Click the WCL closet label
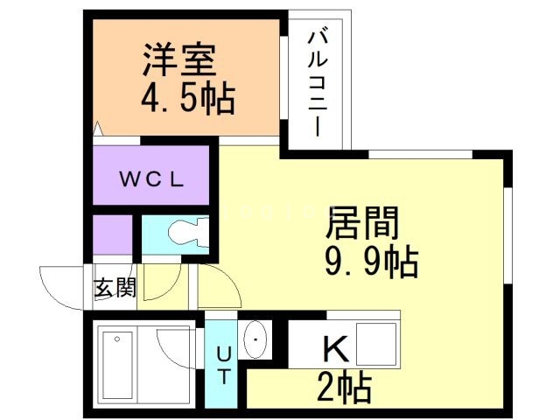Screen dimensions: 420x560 tap(151, 181)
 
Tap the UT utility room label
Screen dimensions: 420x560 tap(223, 365)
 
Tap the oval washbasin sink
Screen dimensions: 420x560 tap(255, 339)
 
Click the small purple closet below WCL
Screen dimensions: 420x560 tap(112, 234)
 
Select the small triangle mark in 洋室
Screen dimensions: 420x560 tap(99, 129)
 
